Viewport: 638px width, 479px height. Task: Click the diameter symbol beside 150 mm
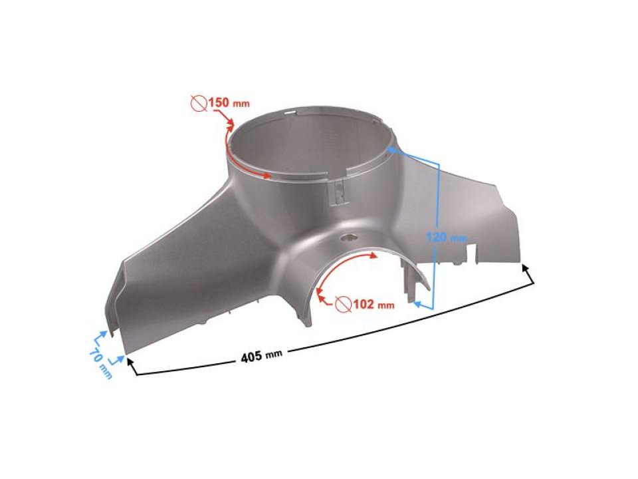pos(197,103)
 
